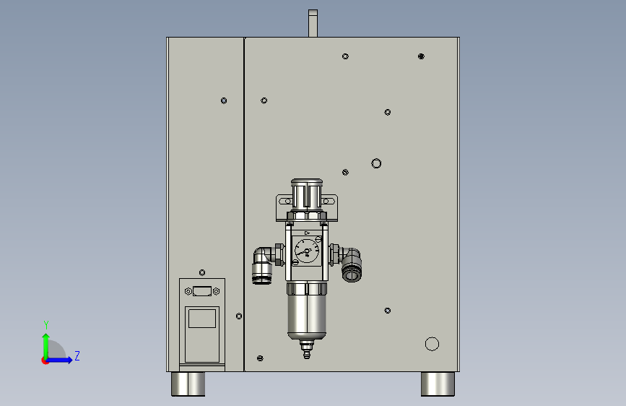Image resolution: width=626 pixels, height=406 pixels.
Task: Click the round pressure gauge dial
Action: [307, 251]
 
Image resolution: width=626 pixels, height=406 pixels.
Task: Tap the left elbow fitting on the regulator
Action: [264, 265]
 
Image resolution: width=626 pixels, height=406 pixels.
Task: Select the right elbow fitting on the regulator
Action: [350, 264]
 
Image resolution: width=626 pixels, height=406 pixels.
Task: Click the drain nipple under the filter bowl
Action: [307, 349]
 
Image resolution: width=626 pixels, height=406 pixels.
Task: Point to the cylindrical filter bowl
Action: [307, 311]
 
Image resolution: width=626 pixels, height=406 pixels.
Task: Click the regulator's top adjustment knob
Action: [307, 194]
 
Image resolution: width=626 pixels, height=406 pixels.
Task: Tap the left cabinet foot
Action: [188, 384]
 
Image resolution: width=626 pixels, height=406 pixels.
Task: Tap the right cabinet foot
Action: [438, 384]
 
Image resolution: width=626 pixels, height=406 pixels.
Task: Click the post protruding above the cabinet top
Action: [313, 23]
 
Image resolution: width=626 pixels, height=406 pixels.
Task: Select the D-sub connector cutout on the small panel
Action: [202, 291]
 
